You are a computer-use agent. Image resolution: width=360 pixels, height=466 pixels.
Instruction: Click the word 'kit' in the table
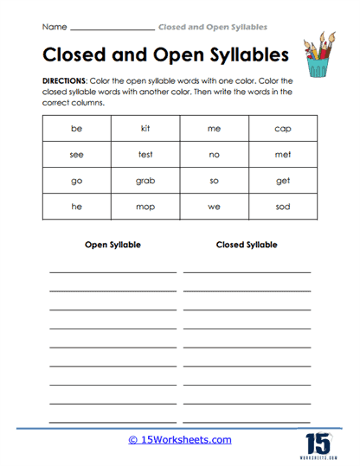point(145,129)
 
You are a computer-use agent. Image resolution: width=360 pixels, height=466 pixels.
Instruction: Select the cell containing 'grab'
point(145,182)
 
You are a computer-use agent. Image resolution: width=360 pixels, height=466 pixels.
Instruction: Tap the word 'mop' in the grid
point(145,207)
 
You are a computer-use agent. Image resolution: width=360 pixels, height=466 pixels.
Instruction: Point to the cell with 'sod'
point(283,207)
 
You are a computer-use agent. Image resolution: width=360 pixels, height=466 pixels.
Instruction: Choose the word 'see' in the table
point(76,156)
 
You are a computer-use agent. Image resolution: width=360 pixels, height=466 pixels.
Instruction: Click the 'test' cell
point(145,156)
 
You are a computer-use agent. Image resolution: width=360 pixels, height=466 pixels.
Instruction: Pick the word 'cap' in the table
point(283,129)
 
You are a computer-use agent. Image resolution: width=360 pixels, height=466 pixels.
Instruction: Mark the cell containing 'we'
point(214,207)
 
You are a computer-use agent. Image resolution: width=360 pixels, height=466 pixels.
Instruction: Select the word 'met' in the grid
point(283,156)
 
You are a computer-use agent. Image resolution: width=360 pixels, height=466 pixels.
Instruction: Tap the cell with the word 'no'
point(214,156)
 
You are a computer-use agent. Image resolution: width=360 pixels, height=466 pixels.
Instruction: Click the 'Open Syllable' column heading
point(112,245)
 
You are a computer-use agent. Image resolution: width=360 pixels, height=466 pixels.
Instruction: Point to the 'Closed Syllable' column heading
point(247,245)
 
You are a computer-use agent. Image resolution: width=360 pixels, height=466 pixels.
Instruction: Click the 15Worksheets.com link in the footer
point(180,439)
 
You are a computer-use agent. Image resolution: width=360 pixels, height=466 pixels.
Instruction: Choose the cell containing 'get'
point(283,182)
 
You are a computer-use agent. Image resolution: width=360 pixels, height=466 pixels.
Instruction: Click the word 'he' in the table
point(76,207)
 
